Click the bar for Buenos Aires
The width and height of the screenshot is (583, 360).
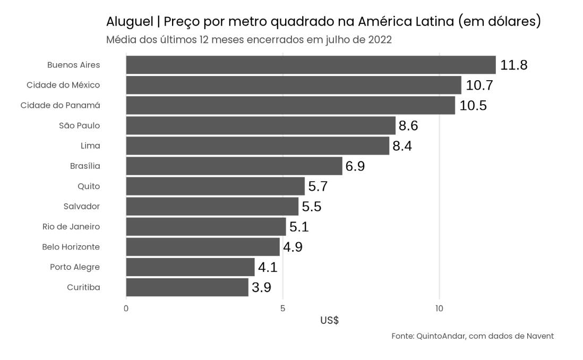click(x=311, y=65)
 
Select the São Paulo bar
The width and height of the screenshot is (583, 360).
click(x=261, y=126)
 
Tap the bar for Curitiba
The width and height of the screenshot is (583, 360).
click(x=187, y=288)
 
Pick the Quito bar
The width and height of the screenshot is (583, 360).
click(x=215, y=186)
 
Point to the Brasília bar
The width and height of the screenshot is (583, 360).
click(x=234, y=166)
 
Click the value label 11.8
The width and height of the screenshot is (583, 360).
click(x=513, y=65)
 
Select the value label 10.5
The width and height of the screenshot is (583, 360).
click(x=473, y=106)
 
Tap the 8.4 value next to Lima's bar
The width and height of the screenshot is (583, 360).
click(x=402, y=146)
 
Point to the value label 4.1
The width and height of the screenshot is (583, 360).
click(x=268, y=268)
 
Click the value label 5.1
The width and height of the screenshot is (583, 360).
click(x=299, y=227)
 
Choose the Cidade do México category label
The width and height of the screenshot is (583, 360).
click(x=63, y=85)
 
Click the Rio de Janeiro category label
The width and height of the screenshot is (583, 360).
click(x=71, y=227)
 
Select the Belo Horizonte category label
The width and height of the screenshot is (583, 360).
click(x=71, y=247)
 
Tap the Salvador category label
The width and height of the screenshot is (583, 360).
click(x=82, y=207)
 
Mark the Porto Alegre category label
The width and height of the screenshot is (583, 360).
click(x=75, y=267)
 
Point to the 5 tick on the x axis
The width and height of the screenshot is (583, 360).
click(x=282, y=308)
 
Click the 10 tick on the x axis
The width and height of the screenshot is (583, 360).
click(x=439, y=308)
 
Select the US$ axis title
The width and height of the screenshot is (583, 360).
click(x=329, y=321)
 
